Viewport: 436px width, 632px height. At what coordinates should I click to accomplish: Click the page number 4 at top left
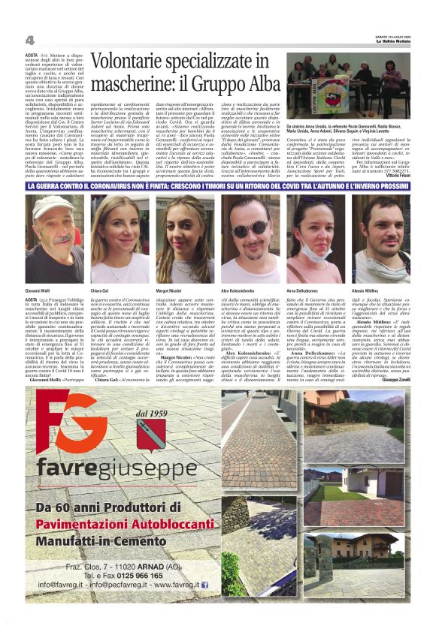click(x=29, y=40)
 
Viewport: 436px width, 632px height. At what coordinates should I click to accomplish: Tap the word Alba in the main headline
click(x=247, y=81)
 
